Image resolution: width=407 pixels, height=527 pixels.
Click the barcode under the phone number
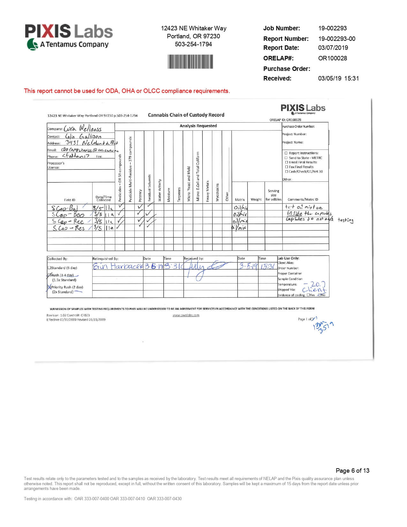click(x=191, y=62)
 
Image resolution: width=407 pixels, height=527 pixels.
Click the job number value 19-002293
click(x=332, y=28)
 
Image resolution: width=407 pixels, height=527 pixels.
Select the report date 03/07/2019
click(x=333, y=48)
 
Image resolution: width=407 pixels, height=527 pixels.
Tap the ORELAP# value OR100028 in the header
click(x=332, y=58)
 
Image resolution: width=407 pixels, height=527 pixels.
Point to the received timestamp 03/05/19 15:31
click(x=338, y=78)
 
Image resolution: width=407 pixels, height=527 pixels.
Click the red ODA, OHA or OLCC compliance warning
click(x=127, y=91)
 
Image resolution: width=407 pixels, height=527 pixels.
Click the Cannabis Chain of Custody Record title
click(x=186, y=115)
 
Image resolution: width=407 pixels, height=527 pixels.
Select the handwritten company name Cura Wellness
click(x=83, y=129)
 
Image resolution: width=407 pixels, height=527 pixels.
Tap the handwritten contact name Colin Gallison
click(x=83, y=136)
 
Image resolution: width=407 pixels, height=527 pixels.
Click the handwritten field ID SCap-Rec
click(x=68, y=221)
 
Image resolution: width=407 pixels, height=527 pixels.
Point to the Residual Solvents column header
click(x=149, y=188)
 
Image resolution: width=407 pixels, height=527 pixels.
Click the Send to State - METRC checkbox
click(x=286, y=158)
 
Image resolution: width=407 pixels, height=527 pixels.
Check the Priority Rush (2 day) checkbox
click(x=49, y=287)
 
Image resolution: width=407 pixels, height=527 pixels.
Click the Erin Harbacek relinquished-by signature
click(x=117, y=266)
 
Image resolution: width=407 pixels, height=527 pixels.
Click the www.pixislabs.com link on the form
click(x=186, y=315)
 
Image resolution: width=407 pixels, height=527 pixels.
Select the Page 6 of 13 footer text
click(x=352, y=470)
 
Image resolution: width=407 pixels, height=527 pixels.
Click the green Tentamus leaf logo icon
click(x=32, y=44)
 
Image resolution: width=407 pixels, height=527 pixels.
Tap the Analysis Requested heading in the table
click(x=198, y=126)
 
